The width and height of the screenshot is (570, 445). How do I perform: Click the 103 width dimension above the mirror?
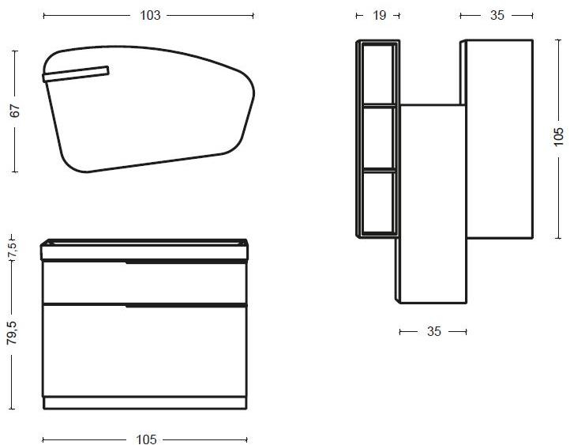150,15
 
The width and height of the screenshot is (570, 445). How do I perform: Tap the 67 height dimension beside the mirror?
15,111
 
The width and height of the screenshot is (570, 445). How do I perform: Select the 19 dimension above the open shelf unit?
379,15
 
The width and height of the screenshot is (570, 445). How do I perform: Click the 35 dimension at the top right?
497,15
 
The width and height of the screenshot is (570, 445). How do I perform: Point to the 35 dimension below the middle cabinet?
433,331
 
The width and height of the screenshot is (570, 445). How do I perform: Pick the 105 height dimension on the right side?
558,137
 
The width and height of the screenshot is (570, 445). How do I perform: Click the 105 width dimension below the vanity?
146,439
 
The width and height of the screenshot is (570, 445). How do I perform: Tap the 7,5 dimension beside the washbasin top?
13,249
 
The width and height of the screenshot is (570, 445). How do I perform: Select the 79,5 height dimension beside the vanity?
12,333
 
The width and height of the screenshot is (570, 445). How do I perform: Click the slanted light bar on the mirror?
76,74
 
